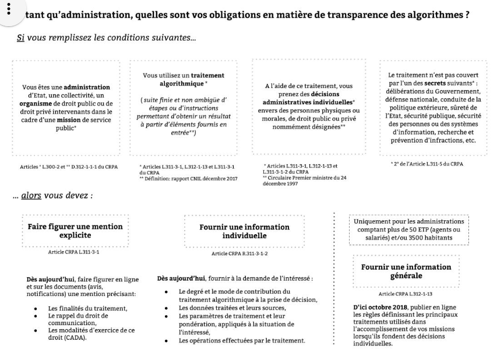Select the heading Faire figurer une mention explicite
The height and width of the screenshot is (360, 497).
[75, 231]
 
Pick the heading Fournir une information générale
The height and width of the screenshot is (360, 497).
[406, 271]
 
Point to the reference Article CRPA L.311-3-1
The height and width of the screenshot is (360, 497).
[73, 252]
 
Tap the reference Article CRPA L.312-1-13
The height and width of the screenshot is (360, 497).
[407, 294]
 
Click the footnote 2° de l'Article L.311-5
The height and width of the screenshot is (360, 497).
[427, 164]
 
